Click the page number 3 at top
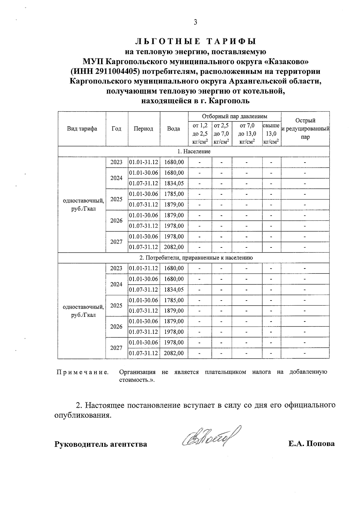click(x=195, y=22)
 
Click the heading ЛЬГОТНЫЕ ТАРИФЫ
click(x=195, y=41)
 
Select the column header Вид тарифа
click(x=82, y=129)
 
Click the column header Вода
click(x=174, y=129)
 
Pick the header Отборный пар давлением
click(x=234, y=116)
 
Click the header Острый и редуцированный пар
click(x=305, y=129)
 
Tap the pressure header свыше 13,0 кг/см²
click(x=271, y=134)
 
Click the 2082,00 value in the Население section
click(x=174, y=247)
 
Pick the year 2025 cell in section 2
click(x=116, y=305)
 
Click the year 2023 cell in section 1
click(x=116, y=162)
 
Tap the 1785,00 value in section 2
click(x=174, y=300)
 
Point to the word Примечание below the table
click(x=82, y=372)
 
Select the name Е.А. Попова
click(x=311, y=444)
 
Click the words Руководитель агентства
click(x=100, y=444)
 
